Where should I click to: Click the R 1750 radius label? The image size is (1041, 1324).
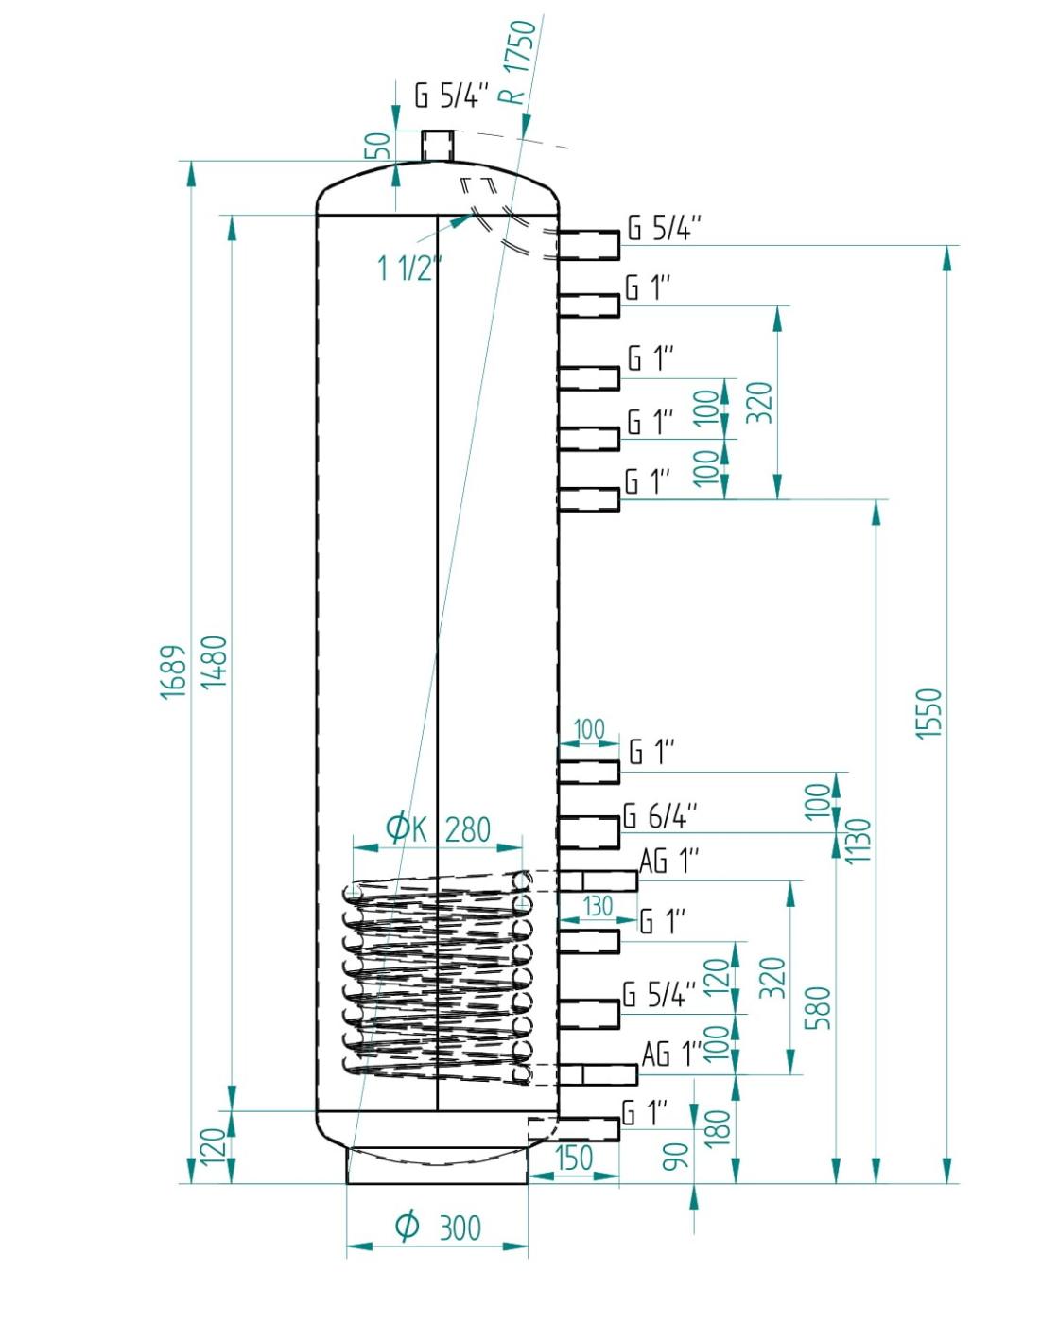(x=519, y=62)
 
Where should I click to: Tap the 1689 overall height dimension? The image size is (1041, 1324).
(x=173, y=671)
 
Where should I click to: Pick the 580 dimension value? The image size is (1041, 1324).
(x=819, y=1008)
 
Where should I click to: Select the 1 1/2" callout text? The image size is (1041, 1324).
(x=409, y=269)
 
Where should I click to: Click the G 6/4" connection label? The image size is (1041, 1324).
(x=660, y=816)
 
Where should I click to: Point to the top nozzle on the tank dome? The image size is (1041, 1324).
(x=438, y=146)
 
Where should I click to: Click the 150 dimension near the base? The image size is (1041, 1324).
(x=573, y=1158)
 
